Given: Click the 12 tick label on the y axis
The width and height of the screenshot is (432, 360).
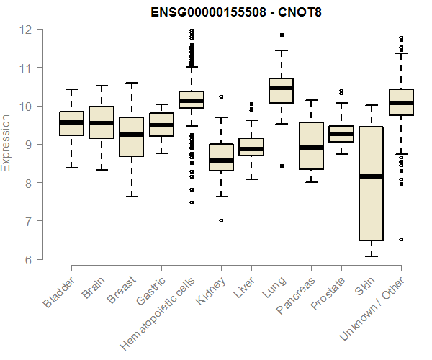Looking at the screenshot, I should [27, 30].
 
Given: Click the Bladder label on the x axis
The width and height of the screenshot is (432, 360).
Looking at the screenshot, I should [59, 292].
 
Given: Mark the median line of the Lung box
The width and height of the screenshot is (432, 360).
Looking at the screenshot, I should [281, 88].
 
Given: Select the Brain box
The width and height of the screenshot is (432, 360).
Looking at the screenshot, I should [101, 122].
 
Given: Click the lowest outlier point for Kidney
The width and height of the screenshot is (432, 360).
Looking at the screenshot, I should [221, 221].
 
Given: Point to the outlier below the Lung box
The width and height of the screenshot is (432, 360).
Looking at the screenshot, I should [281, 166].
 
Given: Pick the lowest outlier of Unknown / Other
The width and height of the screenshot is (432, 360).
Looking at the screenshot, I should [401, 239].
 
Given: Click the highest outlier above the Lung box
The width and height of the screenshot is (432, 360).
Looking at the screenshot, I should [281, 35].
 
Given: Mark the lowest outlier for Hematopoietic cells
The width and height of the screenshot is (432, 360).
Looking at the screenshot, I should [191, 202].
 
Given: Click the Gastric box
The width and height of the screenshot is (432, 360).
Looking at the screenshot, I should [161, 125].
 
